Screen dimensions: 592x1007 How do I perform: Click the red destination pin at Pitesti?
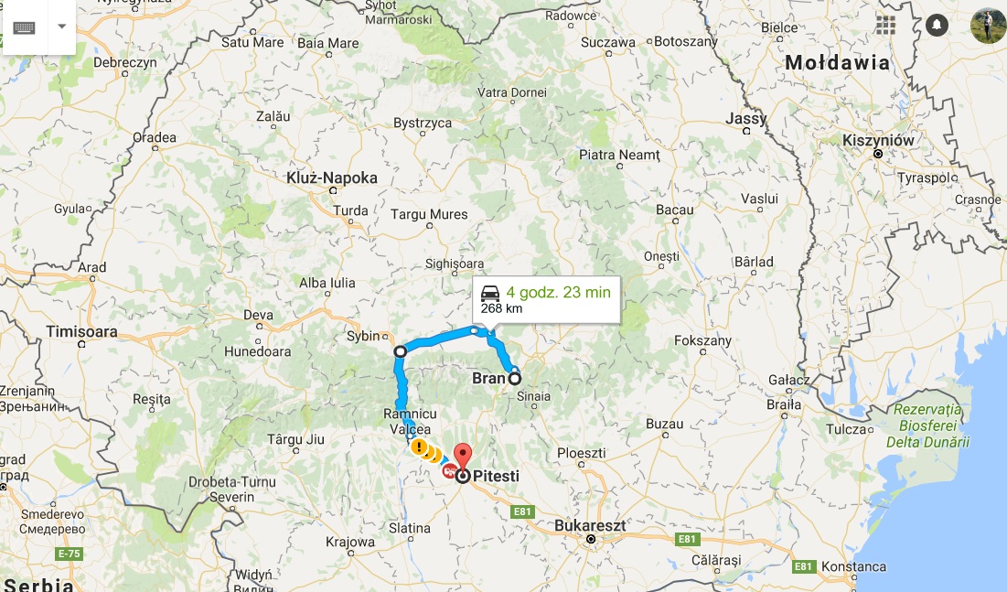463,456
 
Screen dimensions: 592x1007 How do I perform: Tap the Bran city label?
488,378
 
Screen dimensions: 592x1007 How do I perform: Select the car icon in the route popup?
490,293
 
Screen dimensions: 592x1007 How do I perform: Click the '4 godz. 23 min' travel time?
558,293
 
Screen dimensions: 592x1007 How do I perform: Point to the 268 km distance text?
501,308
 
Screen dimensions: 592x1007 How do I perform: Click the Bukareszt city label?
590,526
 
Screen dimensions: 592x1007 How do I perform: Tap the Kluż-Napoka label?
332,178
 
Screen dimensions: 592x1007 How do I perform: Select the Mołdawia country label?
837,63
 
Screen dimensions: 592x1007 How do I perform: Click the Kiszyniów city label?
878,140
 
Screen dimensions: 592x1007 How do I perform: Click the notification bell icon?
937,25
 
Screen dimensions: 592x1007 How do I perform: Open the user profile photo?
988,25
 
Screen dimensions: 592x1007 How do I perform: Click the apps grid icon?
885,25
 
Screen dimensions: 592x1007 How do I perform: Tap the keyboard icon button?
24,27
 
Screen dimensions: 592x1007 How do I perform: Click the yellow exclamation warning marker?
418,447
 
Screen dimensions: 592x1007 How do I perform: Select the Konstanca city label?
852,566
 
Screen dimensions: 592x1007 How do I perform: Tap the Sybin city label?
363,336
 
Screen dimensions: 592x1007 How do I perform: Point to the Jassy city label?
745,119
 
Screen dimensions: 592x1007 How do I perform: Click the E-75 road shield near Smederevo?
69,554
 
